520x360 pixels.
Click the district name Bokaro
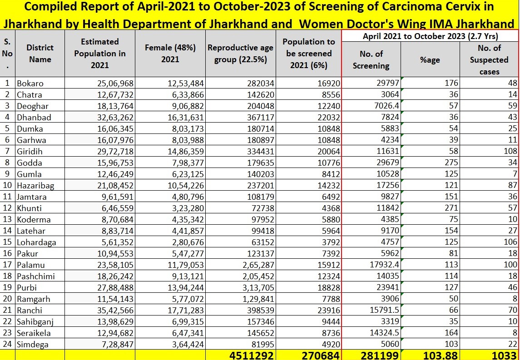coord(30,83)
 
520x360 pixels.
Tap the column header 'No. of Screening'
coord(371,59)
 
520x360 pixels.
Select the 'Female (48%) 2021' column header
coord(170,54)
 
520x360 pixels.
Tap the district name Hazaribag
coord(35,185)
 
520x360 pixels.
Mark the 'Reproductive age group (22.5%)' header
coord(240,54)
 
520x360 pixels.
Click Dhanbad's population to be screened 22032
coord(329,117)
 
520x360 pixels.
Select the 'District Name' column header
coord(40,54)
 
